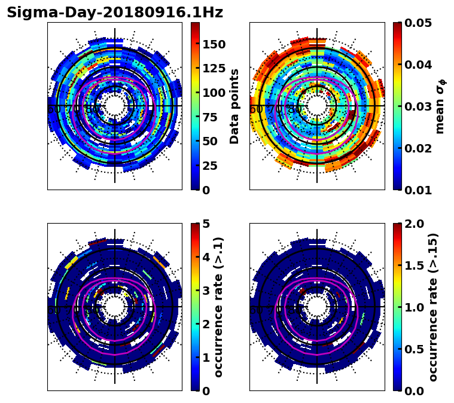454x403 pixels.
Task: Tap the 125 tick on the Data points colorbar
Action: pyautogui.click(x=214, y=69)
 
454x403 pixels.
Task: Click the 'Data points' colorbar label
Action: pyautogui.click(x=234, y=106)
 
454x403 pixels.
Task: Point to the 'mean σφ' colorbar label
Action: pyautogui.click(x=440, y=106)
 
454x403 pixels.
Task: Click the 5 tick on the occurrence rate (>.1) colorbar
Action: pyautogui.click(x=205, y=224)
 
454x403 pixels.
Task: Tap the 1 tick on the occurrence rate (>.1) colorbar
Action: pyautogui.click(x=205, y=358)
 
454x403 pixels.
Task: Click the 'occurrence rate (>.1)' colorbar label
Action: pyautogui.click(x=219, y=307)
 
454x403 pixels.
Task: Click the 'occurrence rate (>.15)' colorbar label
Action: pyautogui.click(x=434, y=307)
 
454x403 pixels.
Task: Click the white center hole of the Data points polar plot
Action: pyautogui.click(x=115, y=106)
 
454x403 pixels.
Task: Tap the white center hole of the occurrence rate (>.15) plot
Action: pyautogui.click(x=317, y=307)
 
